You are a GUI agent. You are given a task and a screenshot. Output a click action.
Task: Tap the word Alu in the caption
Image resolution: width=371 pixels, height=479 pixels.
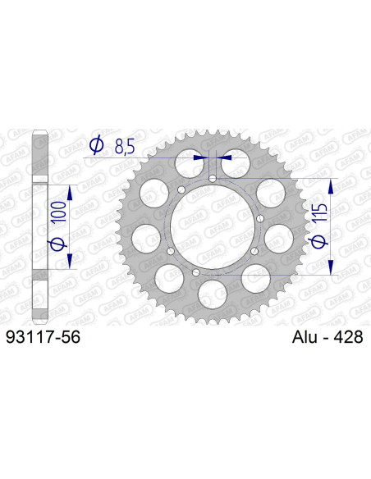pos(305,338)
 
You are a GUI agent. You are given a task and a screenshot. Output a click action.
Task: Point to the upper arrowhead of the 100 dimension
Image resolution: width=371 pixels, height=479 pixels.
pos(69,190)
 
